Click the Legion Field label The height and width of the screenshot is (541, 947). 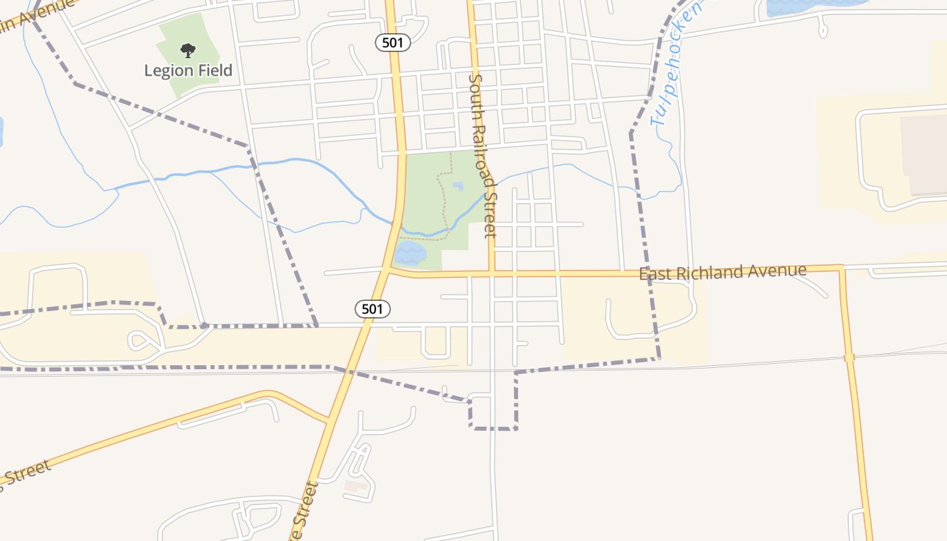click(188, 70)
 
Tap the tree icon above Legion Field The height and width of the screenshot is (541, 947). click(187, 50)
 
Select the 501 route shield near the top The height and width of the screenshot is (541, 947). click(393, 43)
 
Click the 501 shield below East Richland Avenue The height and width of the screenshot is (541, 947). click(373, 310)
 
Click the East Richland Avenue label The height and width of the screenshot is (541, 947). click(722, 273)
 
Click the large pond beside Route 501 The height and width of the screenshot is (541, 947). click(409, 254)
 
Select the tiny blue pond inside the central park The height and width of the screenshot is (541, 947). click(458, 186)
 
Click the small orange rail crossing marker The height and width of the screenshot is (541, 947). click(850, 357)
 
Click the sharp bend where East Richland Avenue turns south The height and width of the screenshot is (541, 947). click(841, 268)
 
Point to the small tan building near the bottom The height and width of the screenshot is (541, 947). click(356, 485)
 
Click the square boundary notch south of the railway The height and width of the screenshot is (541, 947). click(493, 413)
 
